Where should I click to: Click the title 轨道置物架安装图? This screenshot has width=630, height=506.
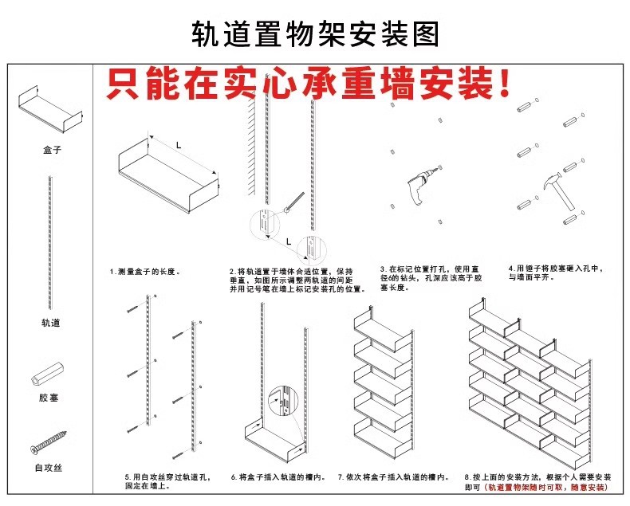315,34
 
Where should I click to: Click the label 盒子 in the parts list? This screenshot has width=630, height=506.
51,150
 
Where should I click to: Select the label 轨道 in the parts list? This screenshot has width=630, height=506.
51,323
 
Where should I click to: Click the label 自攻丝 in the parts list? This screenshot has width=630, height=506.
49,468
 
